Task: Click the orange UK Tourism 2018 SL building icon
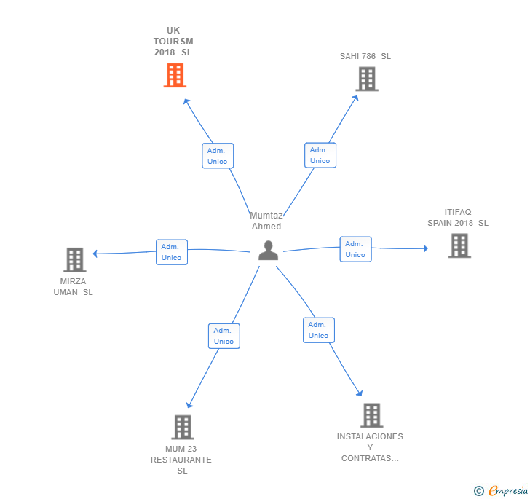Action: click(175, 75)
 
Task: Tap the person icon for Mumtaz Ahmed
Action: click(269, 251)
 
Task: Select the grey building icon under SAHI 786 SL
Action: click(367, 79)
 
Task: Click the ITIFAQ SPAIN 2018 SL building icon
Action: click(459, 246)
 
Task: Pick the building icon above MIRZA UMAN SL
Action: click(75, 260)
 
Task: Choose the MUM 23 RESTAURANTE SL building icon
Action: click(183, 428)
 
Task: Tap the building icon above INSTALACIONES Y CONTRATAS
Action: click(372, 415)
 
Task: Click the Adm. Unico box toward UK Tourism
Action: click(218, 156)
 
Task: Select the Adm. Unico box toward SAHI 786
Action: click(320, 155)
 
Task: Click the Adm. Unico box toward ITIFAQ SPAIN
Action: click(355, 249)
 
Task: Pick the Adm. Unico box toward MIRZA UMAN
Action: click(172, 252)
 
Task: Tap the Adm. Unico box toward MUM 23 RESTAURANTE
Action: click(224, 336)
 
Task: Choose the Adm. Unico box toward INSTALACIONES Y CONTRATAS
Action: click(319, 330)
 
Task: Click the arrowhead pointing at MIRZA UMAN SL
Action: click(95, 254)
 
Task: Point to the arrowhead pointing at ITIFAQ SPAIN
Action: click(426, 248)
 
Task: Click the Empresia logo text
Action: click(508, 490)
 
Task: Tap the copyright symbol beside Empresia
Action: click(478, 491)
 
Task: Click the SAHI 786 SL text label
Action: click(365, 56)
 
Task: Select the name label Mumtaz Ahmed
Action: click(266, 221)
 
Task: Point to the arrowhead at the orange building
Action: click(186, 101)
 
